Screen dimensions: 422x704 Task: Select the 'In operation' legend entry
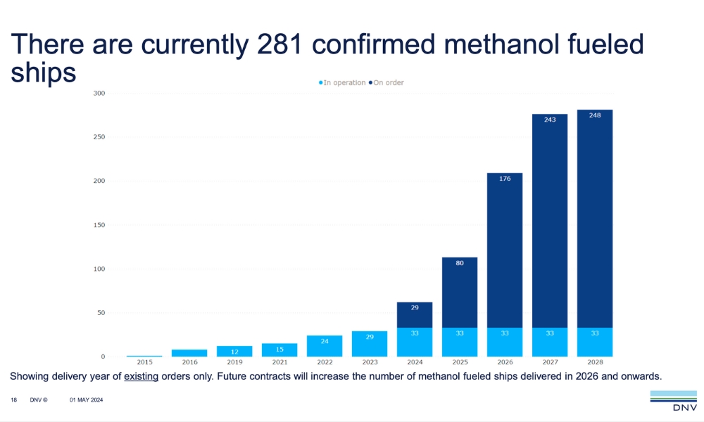(x=344, y=83)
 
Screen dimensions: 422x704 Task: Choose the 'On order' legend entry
(x=388, y=83)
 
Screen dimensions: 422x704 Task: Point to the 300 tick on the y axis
(x=99, y=94)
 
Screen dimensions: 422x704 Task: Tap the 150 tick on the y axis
(x=99, y=225)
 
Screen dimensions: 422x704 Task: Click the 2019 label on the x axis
(x=234, y=362)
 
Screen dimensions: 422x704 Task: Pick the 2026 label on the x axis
(x=505, y=362)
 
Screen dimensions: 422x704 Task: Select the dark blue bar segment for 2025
(x=460, y=292)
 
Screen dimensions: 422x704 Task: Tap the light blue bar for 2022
(x=325, y=346)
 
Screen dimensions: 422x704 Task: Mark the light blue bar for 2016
(x=189, y=353)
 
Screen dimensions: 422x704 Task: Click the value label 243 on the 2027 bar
(x=550, y=120)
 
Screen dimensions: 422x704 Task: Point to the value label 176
(x=505, y=179)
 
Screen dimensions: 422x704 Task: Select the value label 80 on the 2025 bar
(x=460, y=263)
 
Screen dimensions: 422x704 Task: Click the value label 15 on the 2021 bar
(x=279, y=350)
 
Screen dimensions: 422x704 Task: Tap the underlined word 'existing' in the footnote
(x=141, y=376)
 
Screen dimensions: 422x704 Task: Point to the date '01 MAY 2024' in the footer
(x=87, y=400)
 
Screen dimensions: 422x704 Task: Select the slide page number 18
(x=13, y=400)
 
